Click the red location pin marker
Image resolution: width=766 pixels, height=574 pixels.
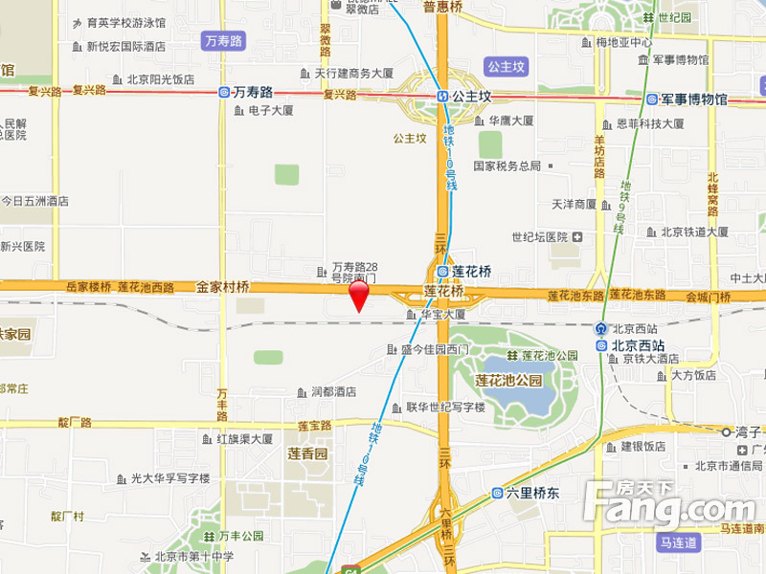[x=358, y=295]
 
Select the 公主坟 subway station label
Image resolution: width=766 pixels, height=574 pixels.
[x=471, y=97]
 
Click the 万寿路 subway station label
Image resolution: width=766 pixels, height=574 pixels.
[x=253, y=93]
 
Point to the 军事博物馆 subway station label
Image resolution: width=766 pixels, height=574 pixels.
[x=694, y=99]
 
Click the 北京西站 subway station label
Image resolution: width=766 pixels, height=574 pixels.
[x=638, y=345]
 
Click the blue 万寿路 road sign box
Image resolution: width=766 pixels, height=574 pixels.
[x=225, y=41]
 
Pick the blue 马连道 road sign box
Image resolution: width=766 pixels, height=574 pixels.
[x=680, y=542]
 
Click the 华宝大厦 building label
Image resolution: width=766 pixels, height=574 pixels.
[x=442, y=314]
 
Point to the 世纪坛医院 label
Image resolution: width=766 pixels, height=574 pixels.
[x=540, y=236]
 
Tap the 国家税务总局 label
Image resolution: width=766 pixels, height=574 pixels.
[x=507, y=166]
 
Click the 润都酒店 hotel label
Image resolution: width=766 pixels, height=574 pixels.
[x=333, y=391]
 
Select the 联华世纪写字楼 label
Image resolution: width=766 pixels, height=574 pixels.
[x=445, y=407]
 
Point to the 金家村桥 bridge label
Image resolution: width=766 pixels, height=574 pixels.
[x=223, y=286]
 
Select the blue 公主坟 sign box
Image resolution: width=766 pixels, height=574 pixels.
[x=505, y=66]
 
